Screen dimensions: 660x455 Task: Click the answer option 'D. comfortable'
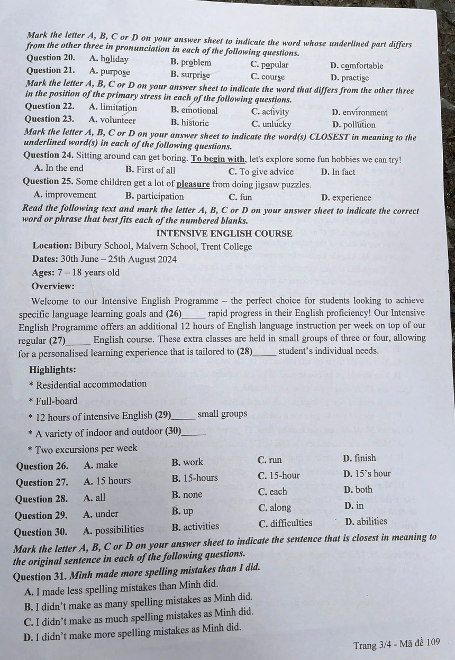tap(356, 66)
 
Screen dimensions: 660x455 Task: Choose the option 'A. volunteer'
tap(112, 120)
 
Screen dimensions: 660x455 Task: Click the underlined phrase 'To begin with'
tap(218, 159)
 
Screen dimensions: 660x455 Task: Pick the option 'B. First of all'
tap(150, 170)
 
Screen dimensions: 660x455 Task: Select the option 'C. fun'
tap(240, 197)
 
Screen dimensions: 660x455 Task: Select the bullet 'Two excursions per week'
tap(86, 449)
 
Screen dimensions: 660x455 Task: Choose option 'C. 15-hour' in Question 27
tap(279, 475)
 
